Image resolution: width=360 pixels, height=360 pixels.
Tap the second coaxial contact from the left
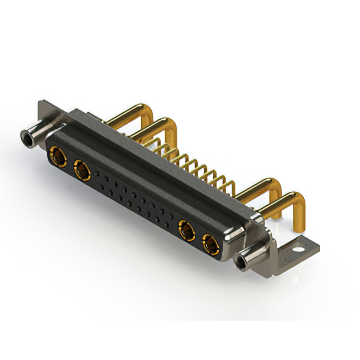pyautogui.click(x=81, y=168)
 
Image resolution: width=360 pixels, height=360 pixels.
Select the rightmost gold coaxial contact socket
pyautogui.click(x=209, y=244)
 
